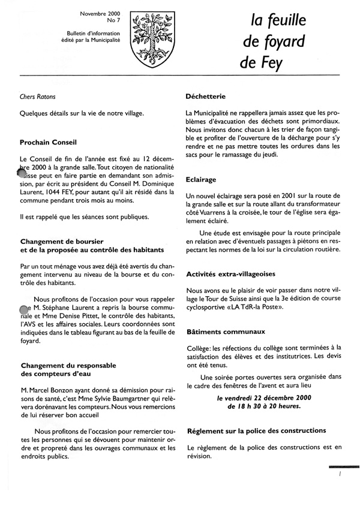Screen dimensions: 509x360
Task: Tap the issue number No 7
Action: [x=113, y=21]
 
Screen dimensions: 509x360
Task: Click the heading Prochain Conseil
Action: [x=49, y=143]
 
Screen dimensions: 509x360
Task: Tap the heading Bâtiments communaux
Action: [x=226, y=330]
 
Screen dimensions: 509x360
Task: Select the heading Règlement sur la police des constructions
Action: [x=257, y=430]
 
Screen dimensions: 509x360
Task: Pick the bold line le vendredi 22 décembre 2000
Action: [x=265, y=397]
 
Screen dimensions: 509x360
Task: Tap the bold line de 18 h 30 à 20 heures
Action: [x=265, y=406]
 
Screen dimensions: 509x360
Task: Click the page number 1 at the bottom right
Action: [x=340, y=474]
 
